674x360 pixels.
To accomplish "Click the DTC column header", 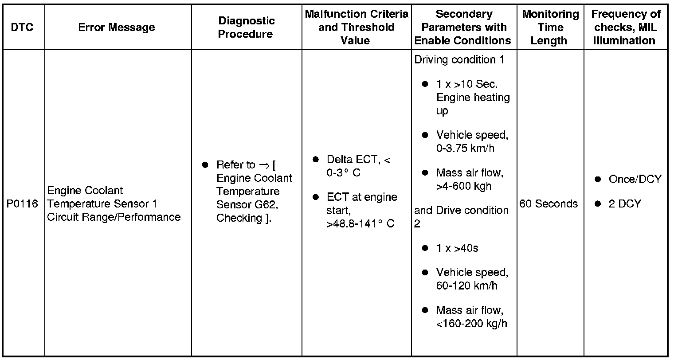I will pyautogui.click(x=22, y=27).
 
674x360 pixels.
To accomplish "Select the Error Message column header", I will pyautogui.click(x=117, y=27).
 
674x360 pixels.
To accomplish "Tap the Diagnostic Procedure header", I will pyautogui.click(x=247, y=27).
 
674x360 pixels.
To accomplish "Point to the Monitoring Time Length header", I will pyautogui.click(x=550, y=27).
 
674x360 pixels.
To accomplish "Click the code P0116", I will pyautogui.click(x=22, y=204).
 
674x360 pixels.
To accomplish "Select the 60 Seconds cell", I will pyautogui.click(x=549, y=204).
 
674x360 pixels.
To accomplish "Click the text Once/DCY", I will pyautogui.click(x=635, y=180).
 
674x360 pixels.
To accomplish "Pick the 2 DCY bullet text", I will pyautogui.click(x=625, y=204).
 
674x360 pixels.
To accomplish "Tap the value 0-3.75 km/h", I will pyautogui.click(x=465, y=149).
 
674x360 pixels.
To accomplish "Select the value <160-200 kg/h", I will pyautogui.click(x=472, y=324).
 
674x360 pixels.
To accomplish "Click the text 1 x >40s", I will pyautogui.click(x=457, y=248).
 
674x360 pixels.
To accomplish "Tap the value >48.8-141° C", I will pyautogui.click(x=361, y=224).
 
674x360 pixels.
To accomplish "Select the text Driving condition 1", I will pyautogui.click(x=459, y=60).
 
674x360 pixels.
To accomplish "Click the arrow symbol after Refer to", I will pyautogui.click(x=264, y=165).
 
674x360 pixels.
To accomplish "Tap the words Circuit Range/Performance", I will pyautogui.click(x=114, y=217).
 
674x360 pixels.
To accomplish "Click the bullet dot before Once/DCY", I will pyautogui.click(x=598, y=180).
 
